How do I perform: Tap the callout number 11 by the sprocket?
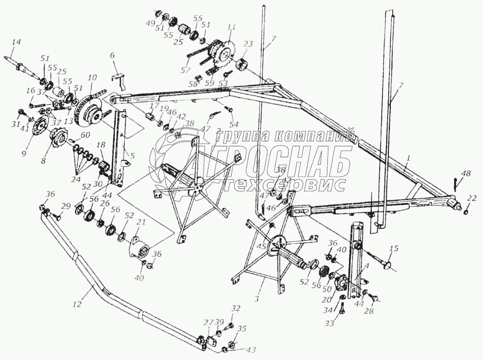pyautogui.click(x=231, y=27)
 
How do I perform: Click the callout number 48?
pyautogui.click(x=466, y=174)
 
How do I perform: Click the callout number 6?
pyautogui.click(x=113, y=56)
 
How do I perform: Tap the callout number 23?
pyautogui.click(x=248, y=44)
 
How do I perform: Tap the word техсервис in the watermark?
pyautogui.click(x=285, y=184)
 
